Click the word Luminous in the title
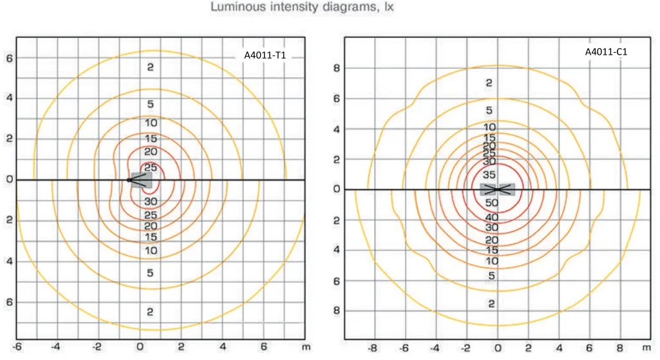[x=236, y=8]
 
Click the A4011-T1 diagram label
[x=265, y=56]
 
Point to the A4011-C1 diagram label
[x=606, y=52]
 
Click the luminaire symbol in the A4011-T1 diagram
[x=140, y=180]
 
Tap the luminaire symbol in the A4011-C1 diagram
[x=498, y=189]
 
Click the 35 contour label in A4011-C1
[x=489, y=175]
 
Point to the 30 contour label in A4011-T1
[x=151, y=202]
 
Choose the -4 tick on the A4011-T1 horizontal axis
[x=57, y=346]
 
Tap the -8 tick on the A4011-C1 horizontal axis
[x=373, y=348]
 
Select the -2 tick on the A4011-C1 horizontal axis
[x=466, y=348]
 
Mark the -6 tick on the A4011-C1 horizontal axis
[x=403, y=348]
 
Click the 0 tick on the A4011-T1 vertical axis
[x=9, y=180]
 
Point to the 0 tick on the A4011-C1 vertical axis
[x=336, y=189]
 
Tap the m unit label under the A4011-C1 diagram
[x=646, y=348]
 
